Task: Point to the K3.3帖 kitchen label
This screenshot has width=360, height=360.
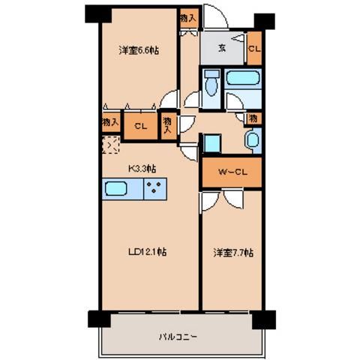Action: pos(139,169)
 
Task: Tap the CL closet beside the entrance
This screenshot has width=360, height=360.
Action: pos(254,50)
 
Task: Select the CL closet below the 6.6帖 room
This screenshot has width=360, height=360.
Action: pos(139,126)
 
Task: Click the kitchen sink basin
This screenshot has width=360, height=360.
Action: pos(118,189)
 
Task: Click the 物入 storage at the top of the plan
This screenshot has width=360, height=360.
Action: pos(187,16)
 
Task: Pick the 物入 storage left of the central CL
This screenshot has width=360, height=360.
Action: pos(108,121)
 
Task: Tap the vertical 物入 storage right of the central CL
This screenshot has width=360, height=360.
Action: pos(169,124)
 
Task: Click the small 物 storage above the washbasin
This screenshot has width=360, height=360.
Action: pos(254,118)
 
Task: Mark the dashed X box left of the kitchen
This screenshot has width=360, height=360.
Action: pos(109,145)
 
